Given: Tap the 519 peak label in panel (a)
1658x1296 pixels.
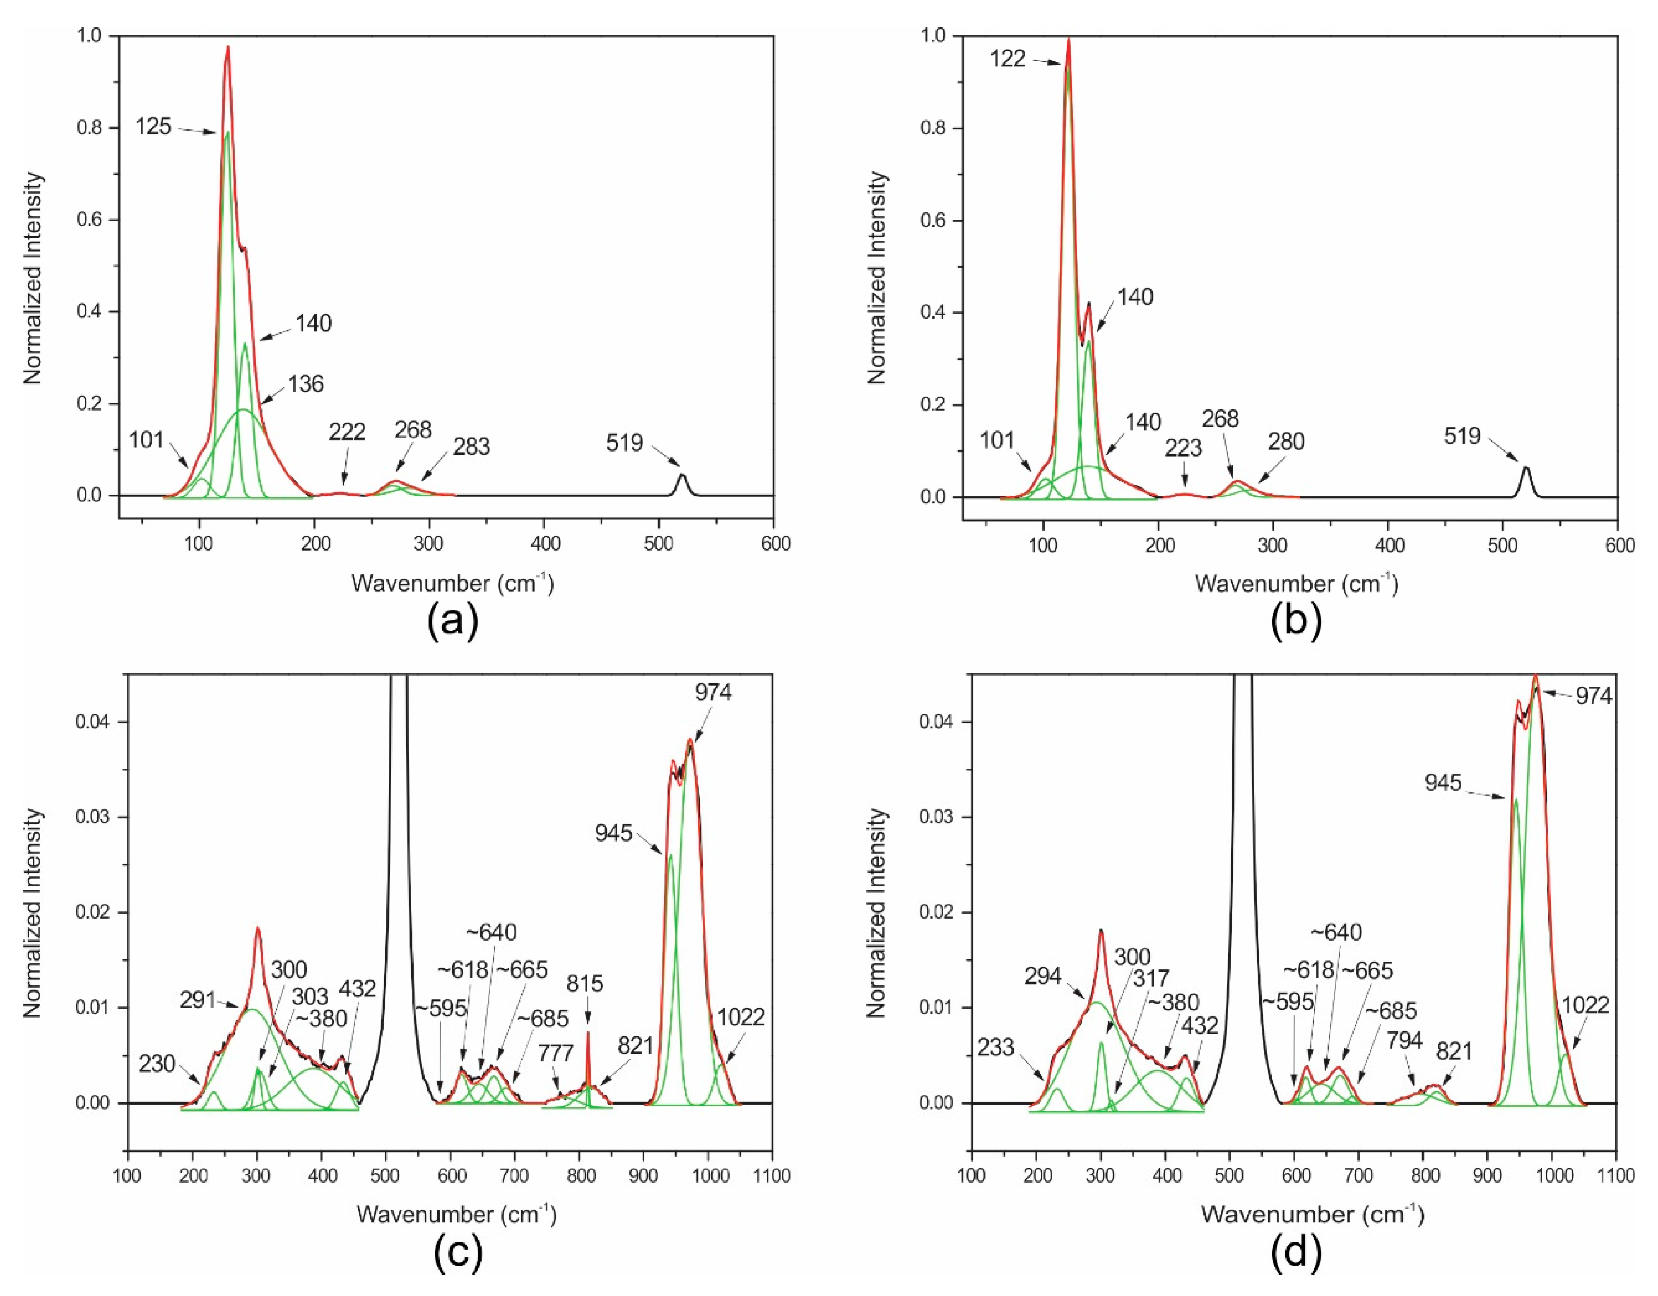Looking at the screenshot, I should [x=624, y=442].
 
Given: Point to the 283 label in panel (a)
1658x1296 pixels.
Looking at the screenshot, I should [x=471, y=447].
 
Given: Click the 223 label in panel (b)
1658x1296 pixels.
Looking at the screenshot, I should [x=1183, y=448].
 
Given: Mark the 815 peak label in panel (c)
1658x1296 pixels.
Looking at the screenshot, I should [x=585, y=984].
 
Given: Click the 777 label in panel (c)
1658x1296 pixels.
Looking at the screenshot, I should [x=556, y=1054].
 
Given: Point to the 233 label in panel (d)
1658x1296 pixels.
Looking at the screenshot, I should [x=995, y=1048].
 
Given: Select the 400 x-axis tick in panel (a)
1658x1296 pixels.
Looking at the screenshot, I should [x=544, y=544].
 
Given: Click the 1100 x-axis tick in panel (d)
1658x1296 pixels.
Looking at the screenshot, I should [x=1616, y=1176].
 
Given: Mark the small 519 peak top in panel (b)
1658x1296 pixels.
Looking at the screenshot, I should [x=1526, y=467].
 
